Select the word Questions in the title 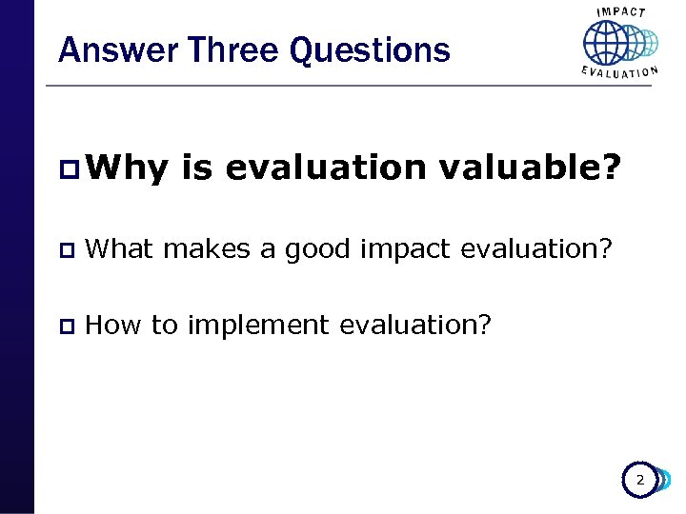coord(370,49)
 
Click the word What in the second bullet coord(120,249)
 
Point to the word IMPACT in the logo coord(621,12)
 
